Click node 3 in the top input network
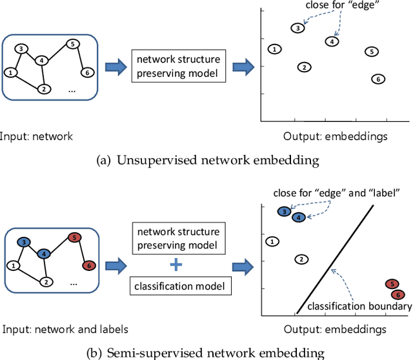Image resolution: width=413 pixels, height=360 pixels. [21, 49]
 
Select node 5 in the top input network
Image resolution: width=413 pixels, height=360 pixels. [73, 45]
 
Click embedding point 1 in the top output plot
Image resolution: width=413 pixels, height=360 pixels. [275, 49]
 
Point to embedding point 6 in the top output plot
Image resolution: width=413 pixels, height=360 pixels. [378, 79]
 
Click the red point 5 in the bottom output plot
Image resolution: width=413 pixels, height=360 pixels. [390, 284]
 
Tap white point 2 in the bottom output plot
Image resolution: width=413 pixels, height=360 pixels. [301, 259]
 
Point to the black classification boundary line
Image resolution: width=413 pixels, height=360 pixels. [335, 258]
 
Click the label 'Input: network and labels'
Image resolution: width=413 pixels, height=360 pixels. [65, 329]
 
